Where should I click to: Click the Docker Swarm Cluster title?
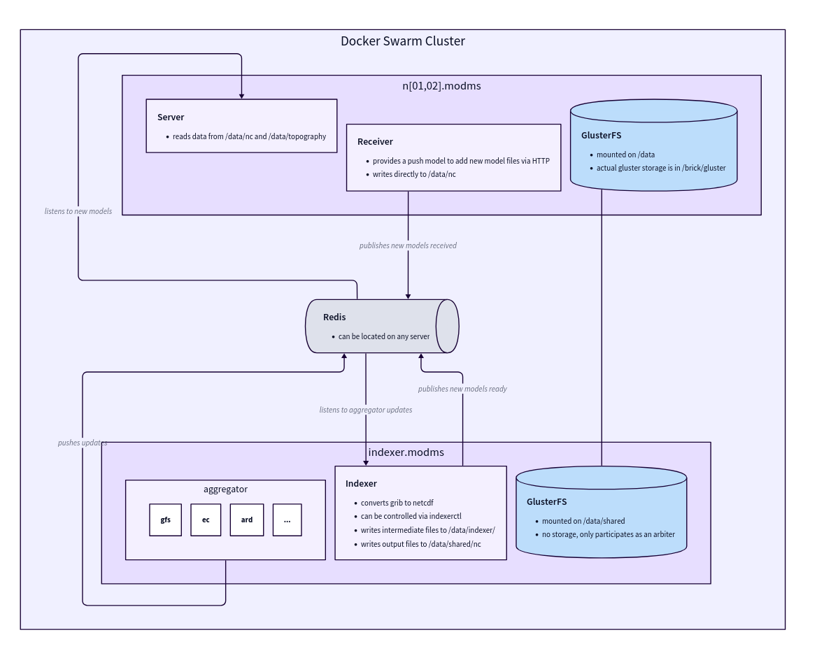(402, 41)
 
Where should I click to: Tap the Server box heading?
(171, 117)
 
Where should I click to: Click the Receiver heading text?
(375, 141)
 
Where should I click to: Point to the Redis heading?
(334, 317)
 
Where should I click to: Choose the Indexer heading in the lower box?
(361, 483)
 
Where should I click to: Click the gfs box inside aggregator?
(165, 520)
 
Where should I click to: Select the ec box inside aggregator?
(206, 520)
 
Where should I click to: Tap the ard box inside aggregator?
(247, 520)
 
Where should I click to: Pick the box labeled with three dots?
(287, 520)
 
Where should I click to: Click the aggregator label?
(225, 489)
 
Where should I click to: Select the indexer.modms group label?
(406, 452)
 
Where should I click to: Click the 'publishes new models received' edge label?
(408, 245)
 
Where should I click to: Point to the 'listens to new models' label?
(78, 210)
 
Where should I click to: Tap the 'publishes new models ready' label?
(462, 388)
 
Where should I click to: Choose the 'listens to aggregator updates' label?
(366, 409)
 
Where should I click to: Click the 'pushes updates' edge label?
(83, 443)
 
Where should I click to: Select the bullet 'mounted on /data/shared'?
(583, 521)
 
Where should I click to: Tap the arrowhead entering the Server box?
(241, 95)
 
